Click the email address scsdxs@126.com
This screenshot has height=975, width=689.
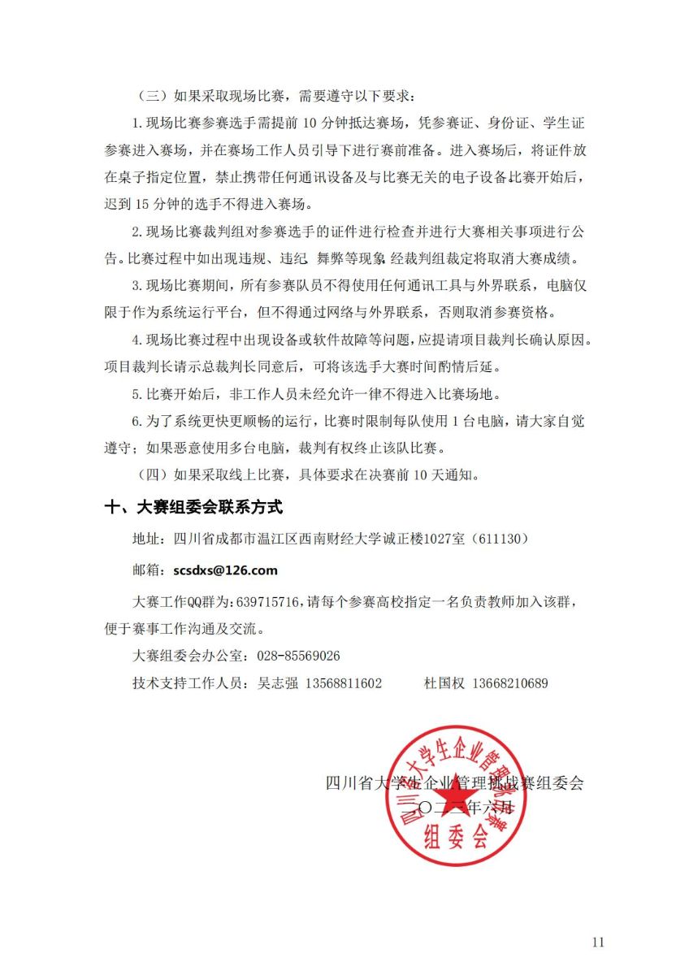coord(225,570)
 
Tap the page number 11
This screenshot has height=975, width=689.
coord(599,942)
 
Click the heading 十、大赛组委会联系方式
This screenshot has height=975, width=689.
coord(194,507)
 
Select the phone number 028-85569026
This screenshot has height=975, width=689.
coord(298,656)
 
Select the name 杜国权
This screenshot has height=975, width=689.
coord(444,683)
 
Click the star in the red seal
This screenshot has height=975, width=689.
coord(457,795)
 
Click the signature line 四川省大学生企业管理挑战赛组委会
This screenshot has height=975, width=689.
coord(454,783)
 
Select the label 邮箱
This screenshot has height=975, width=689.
coord(147,570)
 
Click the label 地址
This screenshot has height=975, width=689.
coord(147,539)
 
